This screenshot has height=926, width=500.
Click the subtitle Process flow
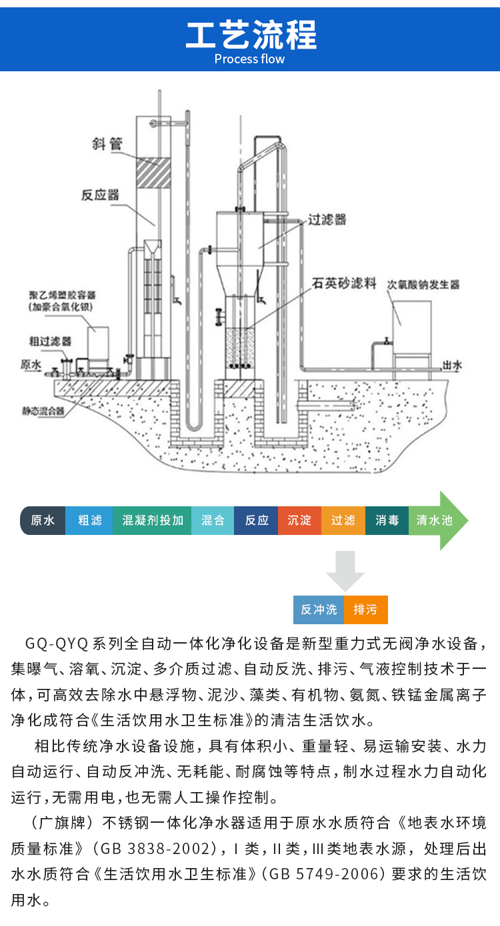(250, 59)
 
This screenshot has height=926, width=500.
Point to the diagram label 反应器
(100, 195)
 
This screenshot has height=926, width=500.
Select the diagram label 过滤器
(327, 219)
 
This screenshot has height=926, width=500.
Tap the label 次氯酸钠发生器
(424, 284)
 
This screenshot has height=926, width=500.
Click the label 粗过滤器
(50, 340)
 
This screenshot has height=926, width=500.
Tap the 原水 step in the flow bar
(43, 520)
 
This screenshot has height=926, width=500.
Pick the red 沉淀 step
(300, 520)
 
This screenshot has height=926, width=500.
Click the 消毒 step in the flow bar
(387, 520)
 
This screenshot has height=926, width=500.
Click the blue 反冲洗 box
(319, 609)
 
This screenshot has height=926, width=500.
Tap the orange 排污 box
(365, 609)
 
